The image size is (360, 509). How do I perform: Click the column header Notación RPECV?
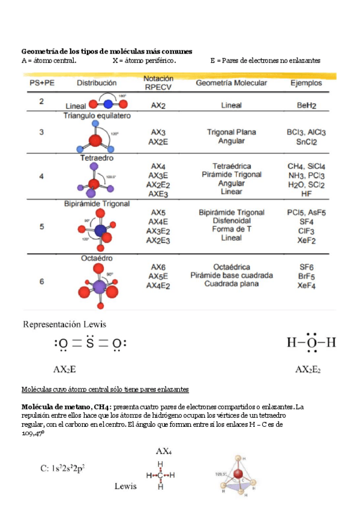tap(159, 82)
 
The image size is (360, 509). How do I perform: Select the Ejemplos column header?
tap(305, 83)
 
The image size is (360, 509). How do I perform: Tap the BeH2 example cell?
tap(306, 105)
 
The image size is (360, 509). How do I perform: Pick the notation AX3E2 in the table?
tap(159, 231)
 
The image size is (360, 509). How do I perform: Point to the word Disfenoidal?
tap(231, 221)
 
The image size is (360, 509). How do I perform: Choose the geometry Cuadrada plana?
tap(232, 284)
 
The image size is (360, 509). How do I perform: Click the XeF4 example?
tap(307, 286)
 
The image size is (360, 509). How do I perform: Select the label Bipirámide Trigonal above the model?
tap(97, 204)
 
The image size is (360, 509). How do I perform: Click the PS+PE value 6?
tap(41, 281)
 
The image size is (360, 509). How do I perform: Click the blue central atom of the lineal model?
tap(108, 104)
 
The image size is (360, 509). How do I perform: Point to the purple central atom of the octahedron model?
tap(98, 286)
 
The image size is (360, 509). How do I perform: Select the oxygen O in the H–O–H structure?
tap(311, 343)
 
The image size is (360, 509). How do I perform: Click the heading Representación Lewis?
tap(65, 324)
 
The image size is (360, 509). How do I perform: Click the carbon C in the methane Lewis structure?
tap(160, 475)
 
